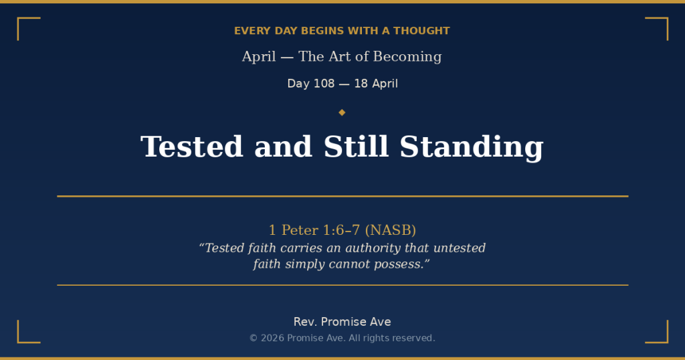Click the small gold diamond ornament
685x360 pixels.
[x=342, y=112]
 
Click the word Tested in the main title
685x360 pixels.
[x=192, y=147]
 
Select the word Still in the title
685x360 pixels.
[x=356, y=147]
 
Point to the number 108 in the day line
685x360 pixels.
[x=324, y=84]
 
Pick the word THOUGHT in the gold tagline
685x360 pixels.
[x=421, y=31]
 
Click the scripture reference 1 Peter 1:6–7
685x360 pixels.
[x=314, y=230]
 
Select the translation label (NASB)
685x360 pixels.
[x=390, y=230]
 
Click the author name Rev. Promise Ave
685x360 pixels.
[x=342, y=322]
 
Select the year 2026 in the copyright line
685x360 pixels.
[x=273, y=338]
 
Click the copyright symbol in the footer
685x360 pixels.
[x=254, y=338]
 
